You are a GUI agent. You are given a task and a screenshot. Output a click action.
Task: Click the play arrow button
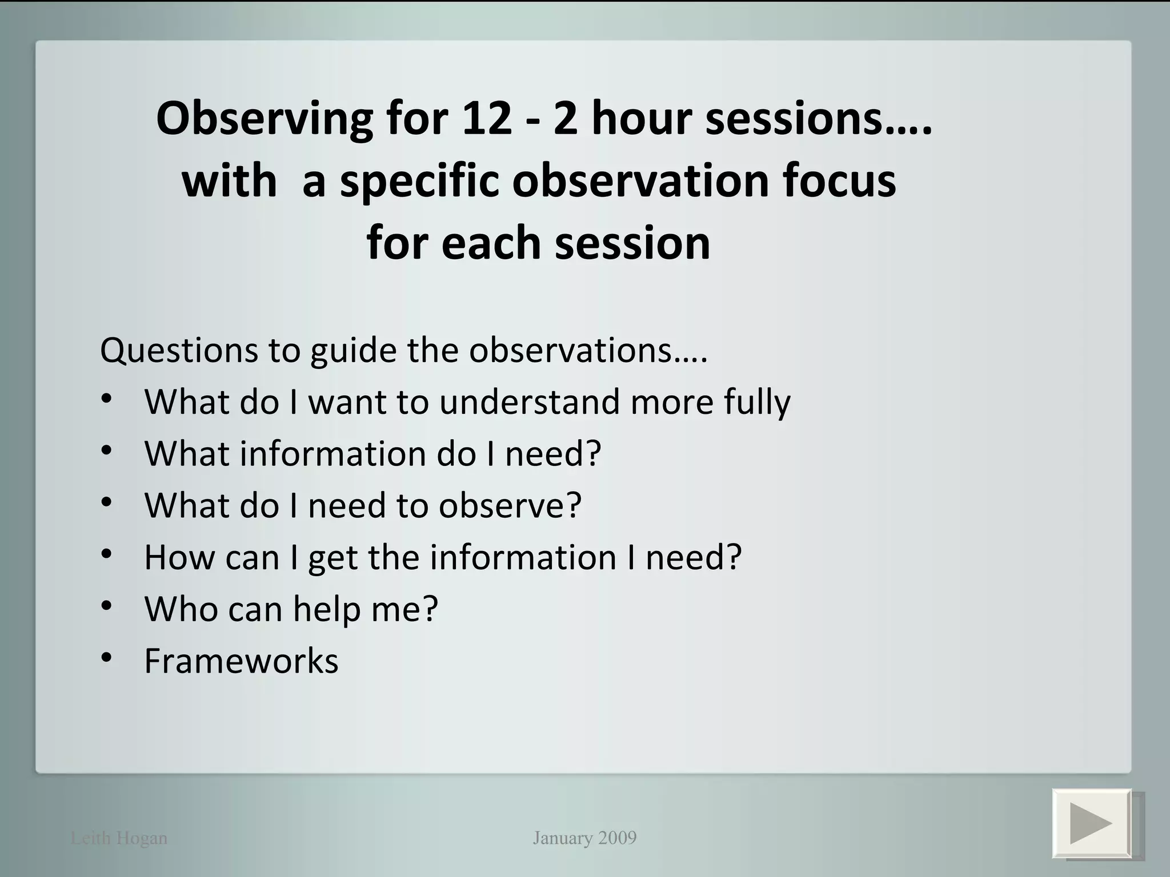point(1092,823)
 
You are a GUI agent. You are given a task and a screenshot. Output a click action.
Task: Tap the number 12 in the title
point(487,119)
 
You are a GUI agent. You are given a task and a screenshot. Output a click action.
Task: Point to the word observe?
point(510,505)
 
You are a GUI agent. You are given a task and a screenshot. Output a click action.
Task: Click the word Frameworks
point(241,661)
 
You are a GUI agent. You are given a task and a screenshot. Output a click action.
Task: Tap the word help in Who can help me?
point(327,609)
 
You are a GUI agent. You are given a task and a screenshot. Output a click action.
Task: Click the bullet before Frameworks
point(107,658)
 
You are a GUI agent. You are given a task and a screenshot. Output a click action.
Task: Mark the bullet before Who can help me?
point(107,606)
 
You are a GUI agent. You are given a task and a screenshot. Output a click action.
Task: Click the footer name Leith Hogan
point(119,838)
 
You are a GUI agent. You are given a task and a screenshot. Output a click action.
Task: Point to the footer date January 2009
point(584,838)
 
